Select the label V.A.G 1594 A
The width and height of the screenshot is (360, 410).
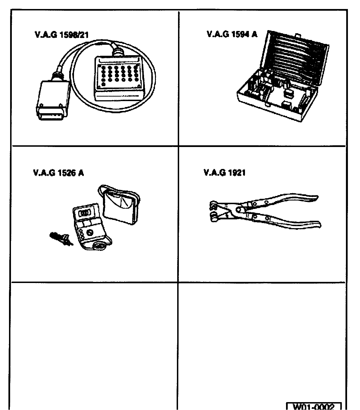[x=232, y=34]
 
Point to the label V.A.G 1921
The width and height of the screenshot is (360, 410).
[x=224, y=173]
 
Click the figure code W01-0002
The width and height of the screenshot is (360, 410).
[x=314, y=406]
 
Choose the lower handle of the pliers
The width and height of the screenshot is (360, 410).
[x=292, y=222]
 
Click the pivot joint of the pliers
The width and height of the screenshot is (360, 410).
[x=239, y=210]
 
